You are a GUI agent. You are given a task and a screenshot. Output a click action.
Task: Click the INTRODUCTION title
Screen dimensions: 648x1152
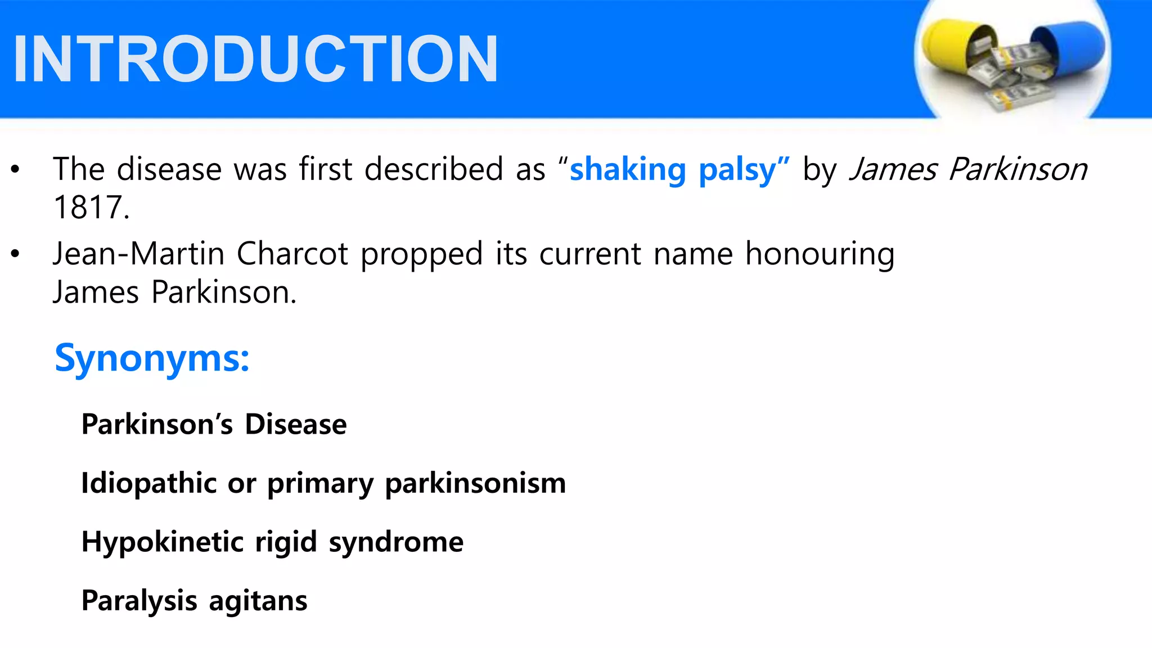click(256, 59)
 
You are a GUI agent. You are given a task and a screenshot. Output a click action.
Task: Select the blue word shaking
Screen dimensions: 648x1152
click(627, 169)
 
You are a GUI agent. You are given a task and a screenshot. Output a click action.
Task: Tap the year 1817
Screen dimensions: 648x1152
click(90, 207)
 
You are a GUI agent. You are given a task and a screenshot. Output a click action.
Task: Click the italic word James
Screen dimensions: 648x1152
click(893, 169)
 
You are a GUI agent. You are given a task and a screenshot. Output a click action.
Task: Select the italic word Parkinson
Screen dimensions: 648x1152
click(1018, 169)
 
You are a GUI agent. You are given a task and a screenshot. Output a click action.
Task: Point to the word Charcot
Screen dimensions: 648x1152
click(292, 254)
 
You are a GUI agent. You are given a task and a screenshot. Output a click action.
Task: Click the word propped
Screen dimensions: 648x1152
click(421, 255)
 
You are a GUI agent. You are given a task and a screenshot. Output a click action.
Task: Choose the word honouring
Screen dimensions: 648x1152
click(820, 255)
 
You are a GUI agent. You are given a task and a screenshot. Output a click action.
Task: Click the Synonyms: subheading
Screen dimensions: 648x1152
click(152, 358)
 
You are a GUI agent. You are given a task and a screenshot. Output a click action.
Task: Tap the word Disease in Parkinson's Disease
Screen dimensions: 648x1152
click(296, 424)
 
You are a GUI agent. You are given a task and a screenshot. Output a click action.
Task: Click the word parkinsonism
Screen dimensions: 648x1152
click(475, 483)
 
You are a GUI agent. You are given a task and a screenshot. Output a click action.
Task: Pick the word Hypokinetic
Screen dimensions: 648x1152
click(163, 542)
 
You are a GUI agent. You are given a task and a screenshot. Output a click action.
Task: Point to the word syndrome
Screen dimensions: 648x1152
click(396, 542)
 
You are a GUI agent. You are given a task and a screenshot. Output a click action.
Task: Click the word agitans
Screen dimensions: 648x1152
click(258, 601)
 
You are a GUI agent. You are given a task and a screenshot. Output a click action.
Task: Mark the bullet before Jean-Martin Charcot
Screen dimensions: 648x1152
click(15, 254)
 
